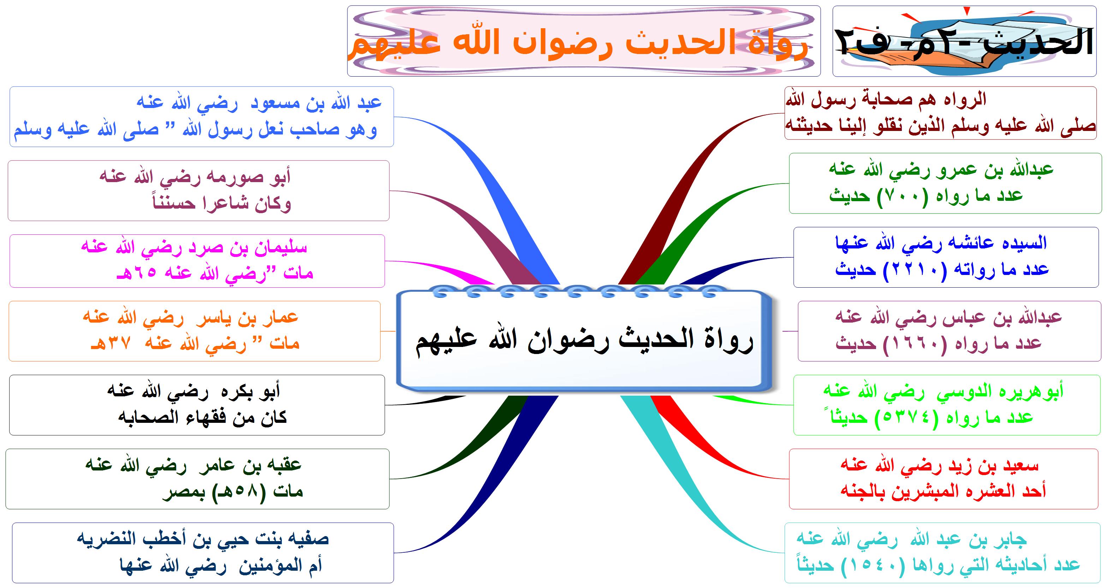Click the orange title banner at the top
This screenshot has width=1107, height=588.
point(584,41)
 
